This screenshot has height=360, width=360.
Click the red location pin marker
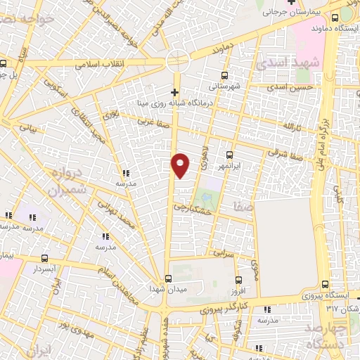(x=181, y=165)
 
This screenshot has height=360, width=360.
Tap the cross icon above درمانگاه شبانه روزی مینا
(x=175, y=92)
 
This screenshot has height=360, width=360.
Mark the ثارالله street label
(x=292, y=127)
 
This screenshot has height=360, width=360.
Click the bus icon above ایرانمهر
(x=229, y=155)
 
